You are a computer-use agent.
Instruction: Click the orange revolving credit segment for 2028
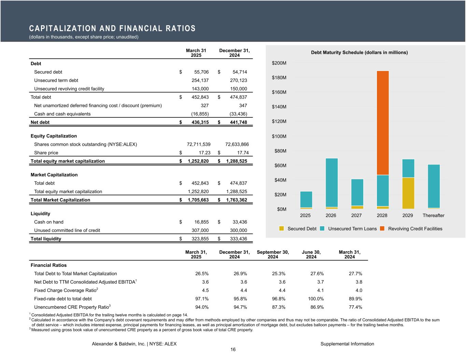tap(383, 123)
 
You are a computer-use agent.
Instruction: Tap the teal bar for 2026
tap(331, 183)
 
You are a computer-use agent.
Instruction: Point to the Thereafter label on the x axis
tap(433, 216)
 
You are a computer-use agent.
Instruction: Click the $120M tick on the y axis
tap(279, 121)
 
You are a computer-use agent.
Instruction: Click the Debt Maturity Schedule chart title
tap(359, 53)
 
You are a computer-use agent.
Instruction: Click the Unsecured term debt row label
tap(56, 81)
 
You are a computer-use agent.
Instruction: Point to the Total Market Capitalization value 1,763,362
tap(235, 200)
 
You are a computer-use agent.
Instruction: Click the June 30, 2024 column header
tap(311, 255)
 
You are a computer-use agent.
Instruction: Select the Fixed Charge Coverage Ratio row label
tap(66, 290)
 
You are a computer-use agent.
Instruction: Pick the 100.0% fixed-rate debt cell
tap(315, 299)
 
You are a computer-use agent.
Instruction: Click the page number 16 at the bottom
tap(233, 350)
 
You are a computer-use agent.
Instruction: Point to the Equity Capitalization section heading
tap(54, 136)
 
